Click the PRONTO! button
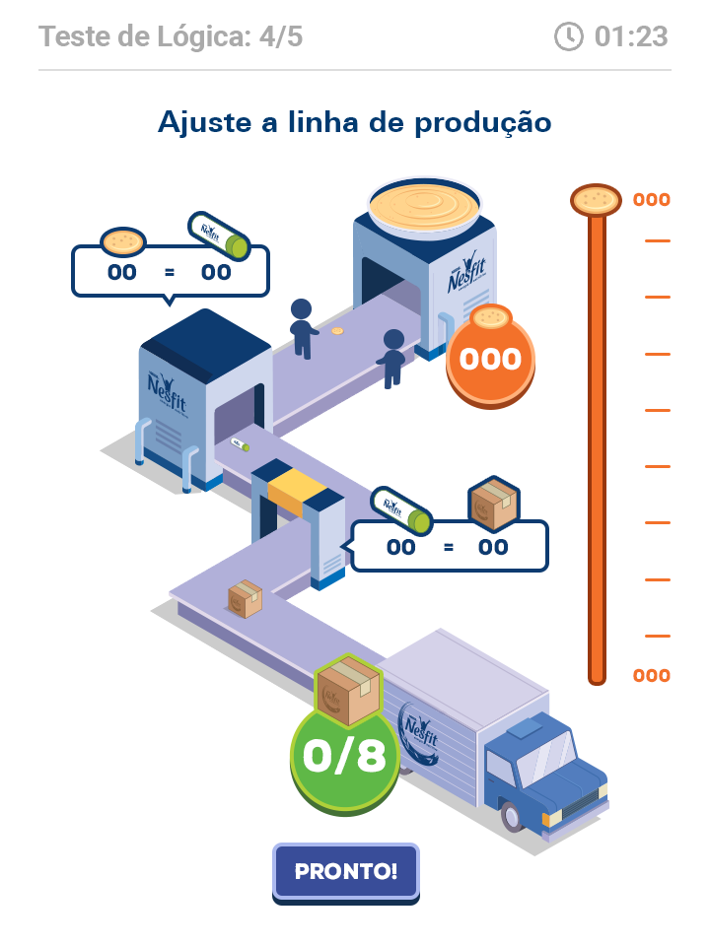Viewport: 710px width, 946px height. coord(345,871)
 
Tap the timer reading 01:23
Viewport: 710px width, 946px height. coord(631,37)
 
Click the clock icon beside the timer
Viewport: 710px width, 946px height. coord(569,37)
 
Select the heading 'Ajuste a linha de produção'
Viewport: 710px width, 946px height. coord(354,123)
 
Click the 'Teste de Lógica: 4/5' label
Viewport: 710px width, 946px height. coord(171,37)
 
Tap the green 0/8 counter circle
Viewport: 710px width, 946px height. coord(343,755)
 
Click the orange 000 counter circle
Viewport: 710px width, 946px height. coord(490,359)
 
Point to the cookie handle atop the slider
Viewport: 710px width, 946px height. coord(596,200)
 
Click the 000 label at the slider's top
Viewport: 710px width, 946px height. coord(651,200)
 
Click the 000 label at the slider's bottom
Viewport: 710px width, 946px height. coord(651,676)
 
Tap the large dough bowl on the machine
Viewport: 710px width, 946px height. coord(424,206)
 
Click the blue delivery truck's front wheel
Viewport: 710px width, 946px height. coord(511,815)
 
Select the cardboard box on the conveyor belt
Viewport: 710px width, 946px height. coord(245,597)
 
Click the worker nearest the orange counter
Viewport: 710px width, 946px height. coord(392,357)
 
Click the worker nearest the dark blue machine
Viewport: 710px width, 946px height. coord(302,326)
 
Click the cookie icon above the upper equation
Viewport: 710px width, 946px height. coord(123,240)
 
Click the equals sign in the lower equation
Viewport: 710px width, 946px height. coord(449,547)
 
